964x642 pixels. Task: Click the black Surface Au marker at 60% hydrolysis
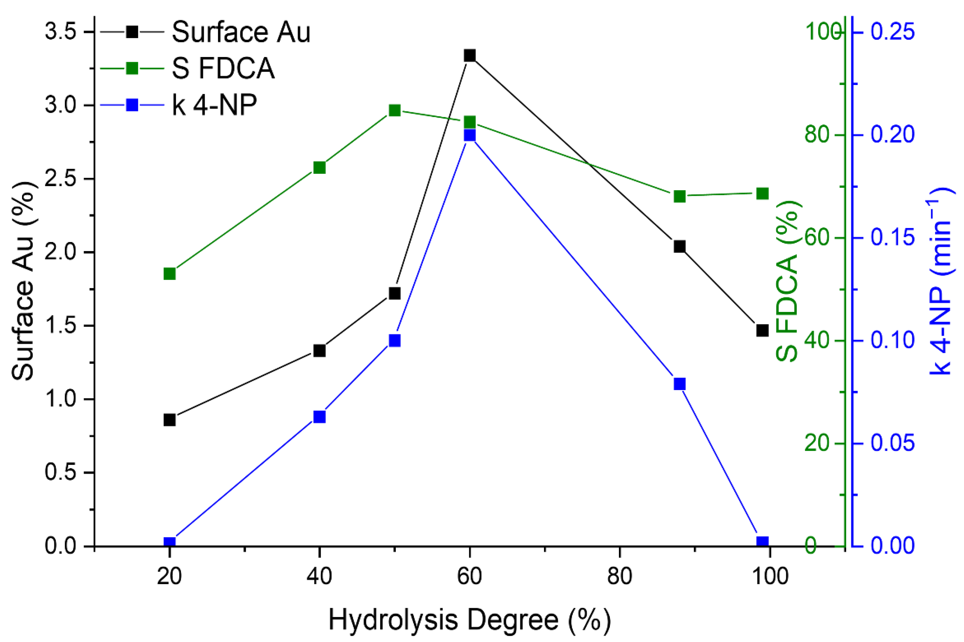(x=469, y=56)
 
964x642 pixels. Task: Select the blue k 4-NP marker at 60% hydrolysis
(x=469, y=135)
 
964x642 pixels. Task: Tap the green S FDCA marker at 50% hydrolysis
(x=395, y=110)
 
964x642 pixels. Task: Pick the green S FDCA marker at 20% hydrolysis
(x=170, y=274)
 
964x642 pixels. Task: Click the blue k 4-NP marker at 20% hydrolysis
(x=170, y=542)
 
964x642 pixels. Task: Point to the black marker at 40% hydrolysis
(x=319, y=351)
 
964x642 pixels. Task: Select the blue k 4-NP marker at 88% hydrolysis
(x=680, y=384)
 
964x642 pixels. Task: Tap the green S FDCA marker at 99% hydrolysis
(x=762, y=194)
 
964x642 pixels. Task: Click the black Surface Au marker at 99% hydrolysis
(x=762, y=330)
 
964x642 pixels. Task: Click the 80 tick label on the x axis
(x=620, y=577)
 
